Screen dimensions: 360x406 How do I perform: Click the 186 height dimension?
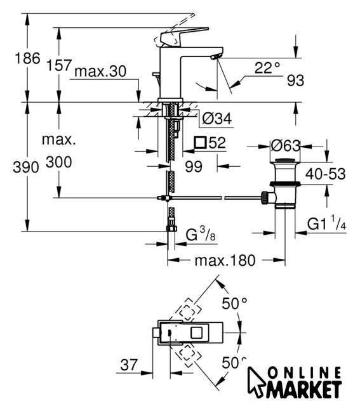[27, 58]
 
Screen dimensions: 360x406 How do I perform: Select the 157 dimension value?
[59, 65]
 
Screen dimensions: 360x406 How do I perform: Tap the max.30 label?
[100, 71]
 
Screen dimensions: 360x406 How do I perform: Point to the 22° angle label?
[267, 68]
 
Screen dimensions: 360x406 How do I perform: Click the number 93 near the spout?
[295, 81]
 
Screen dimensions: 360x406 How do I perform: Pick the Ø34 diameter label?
[217, 119]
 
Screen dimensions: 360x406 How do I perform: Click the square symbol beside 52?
[201, 142]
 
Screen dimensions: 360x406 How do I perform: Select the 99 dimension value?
[194, 166]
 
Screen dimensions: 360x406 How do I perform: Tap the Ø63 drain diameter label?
[285, 146]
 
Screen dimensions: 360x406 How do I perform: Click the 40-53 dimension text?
[325, 174]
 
